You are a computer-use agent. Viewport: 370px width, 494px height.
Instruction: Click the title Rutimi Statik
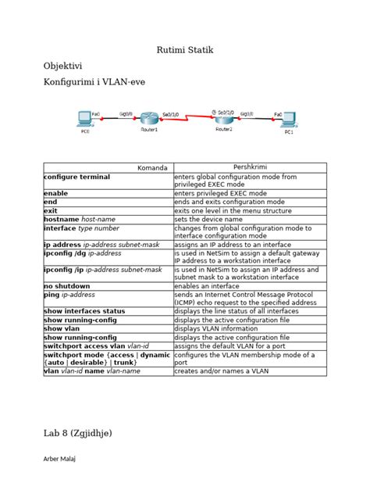(x=185, y=51)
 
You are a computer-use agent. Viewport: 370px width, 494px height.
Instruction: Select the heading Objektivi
(x=63, y=67)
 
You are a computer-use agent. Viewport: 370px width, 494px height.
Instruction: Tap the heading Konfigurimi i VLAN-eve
(x=94, y=81)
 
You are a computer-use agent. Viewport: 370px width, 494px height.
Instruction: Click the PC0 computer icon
(x=84, y=120)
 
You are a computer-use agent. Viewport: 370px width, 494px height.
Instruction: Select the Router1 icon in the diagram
(x=148, y=118)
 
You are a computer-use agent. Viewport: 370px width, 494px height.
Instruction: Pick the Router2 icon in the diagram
(x=224, y=118)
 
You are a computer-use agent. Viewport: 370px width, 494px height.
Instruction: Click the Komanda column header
(x=152, y=168)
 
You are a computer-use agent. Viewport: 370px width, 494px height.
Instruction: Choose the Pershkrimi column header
(x=250, y=167)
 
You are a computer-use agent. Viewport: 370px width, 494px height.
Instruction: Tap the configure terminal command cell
(x=77, y=177)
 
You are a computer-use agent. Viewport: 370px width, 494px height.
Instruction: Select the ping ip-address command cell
(x=69, y=295)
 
